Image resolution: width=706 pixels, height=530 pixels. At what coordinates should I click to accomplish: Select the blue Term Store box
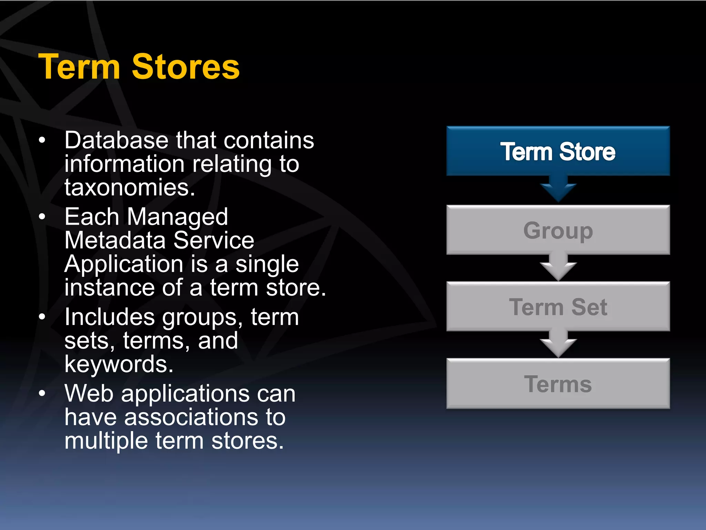pos(558,151)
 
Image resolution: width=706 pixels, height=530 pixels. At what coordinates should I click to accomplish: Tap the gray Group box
pos(558,230)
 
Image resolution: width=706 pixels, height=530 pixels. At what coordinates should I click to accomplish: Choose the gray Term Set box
pos(558,307)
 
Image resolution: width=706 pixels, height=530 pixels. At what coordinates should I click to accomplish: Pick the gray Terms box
pos(558,384)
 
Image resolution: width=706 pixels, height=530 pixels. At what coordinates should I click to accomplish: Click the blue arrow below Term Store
pos(558,189)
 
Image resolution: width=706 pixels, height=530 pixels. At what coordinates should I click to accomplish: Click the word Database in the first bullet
pos(116,140)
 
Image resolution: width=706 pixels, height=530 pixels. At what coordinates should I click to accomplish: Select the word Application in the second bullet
pos(124,264)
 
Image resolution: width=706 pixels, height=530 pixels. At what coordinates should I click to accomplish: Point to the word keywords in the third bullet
pos(119,364)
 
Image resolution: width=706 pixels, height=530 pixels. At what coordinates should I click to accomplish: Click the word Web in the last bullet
pos(89,393)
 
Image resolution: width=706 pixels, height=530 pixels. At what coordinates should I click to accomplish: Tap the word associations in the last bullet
pos(191,417)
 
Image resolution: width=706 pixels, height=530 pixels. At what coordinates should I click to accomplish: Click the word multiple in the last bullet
pos(106,441)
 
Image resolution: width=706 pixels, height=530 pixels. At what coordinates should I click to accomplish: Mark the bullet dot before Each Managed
pos(42,217)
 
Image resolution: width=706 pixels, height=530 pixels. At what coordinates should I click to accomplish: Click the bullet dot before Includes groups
pos(42,317)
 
